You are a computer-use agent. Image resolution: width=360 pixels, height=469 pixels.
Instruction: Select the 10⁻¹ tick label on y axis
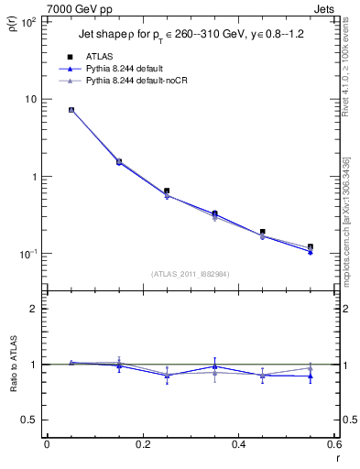29,254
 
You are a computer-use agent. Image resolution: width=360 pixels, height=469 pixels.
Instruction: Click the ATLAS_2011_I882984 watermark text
190,274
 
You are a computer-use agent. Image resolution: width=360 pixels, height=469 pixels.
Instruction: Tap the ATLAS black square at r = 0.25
167,191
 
